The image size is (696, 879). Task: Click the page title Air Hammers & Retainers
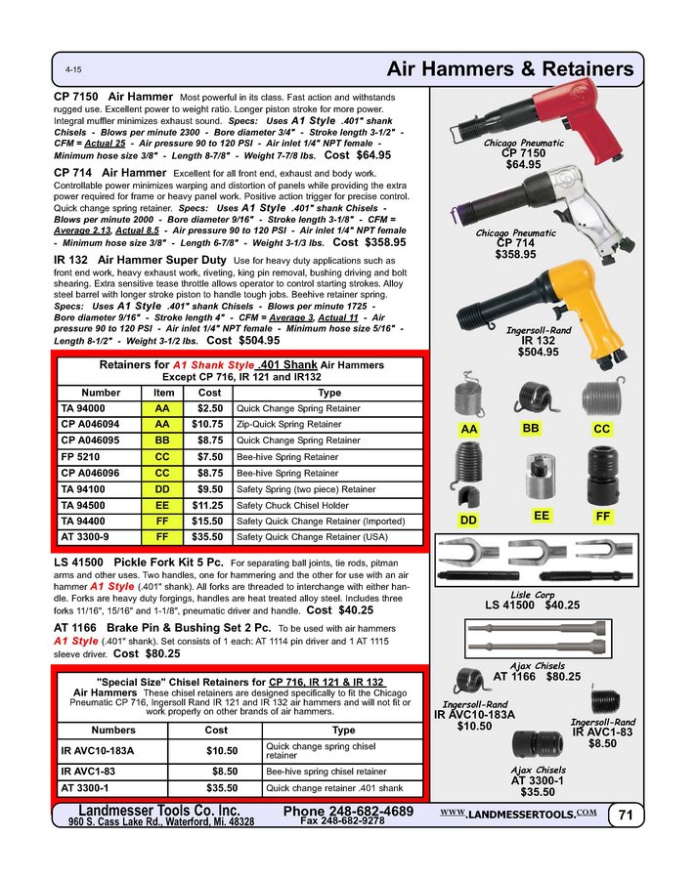coord(510,70)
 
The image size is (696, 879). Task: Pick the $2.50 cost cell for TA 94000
coord(209,408)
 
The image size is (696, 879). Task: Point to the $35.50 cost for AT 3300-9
coord(209,537)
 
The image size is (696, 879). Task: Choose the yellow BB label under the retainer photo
coord(532,429)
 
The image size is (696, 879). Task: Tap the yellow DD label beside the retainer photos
coord(469,521)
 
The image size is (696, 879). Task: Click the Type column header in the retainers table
coord(328,392)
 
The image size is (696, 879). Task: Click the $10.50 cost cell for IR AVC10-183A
coord(221,750)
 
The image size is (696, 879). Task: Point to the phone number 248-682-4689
coord(348,812)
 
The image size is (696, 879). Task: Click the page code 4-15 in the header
coord(73,71)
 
